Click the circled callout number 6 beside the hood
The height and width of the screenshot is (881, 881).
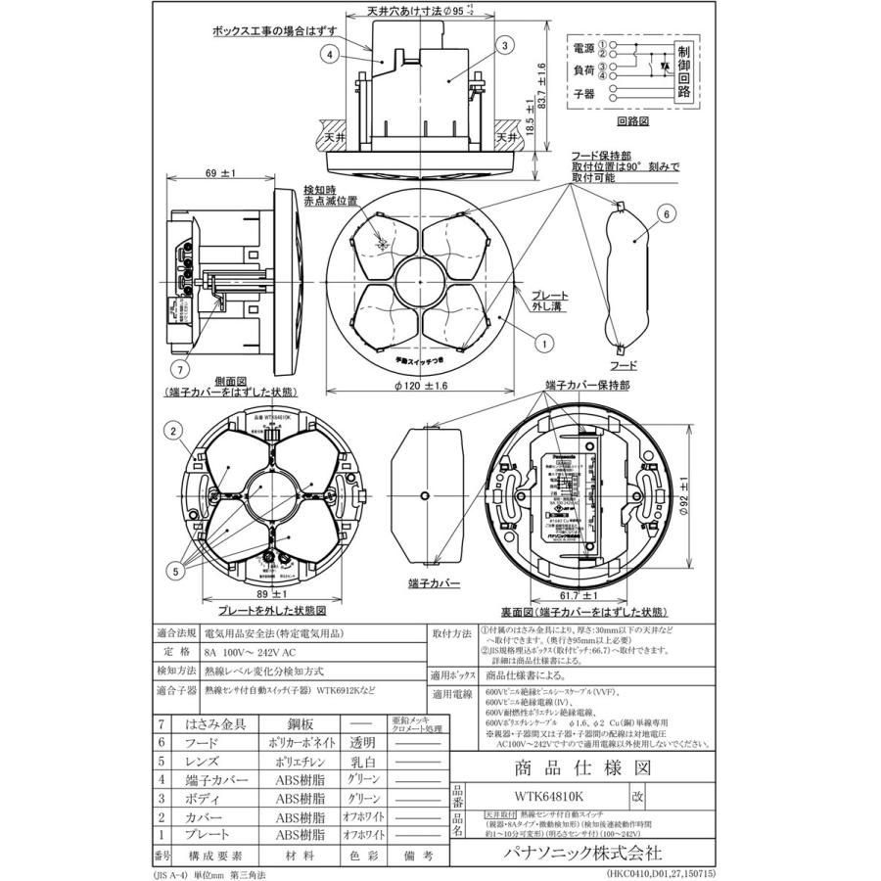tap(665, 212)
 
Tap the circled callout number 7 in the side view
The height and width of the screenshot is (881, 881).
tap(179, 368)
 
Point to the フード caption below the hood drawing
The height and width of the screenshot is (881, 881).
tap(624, 364)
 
